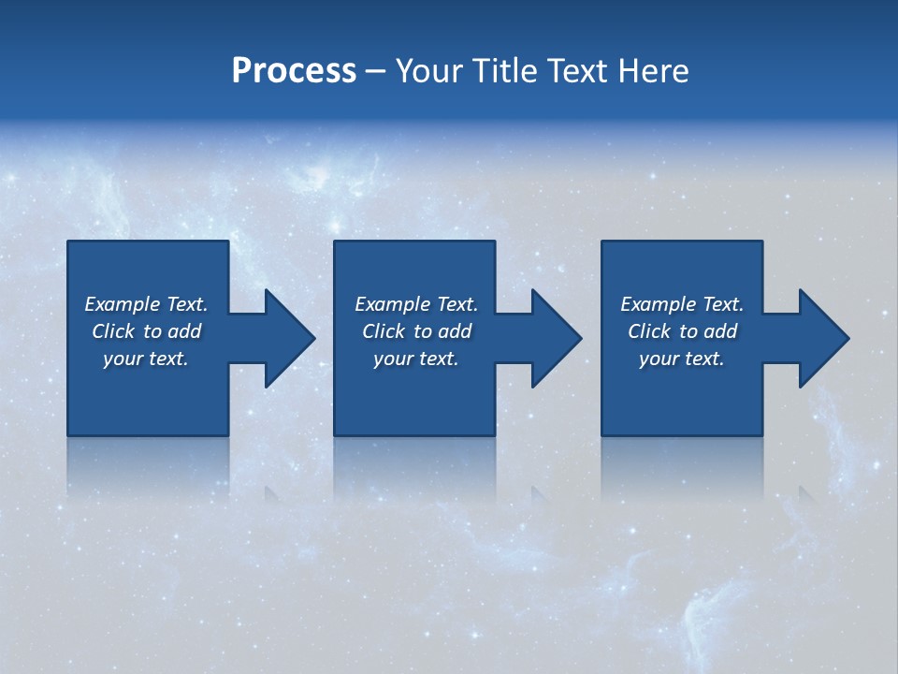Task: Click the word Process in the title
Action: point(294,71)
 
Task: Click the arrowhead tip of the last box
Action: point(847,338)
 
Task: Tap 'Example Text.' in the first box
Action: point(146,304)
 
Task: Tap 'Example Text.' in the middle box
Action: point(416,304)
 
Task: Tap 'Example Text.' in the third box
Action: point(682,304)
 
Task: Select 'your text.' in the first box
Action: point(146,359)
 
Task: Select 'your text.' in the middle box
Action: point(416,359)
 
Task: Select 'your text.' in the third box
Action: point(682,359)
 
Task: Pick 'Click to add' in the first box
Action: point(146,331)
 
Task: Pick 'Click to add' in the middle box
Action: point(416,331)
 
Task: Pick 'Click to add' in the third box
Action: point(682,331)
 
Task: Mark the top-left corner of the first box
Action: point(68,242)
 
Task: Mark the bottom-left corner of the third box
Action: point(602,434)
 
